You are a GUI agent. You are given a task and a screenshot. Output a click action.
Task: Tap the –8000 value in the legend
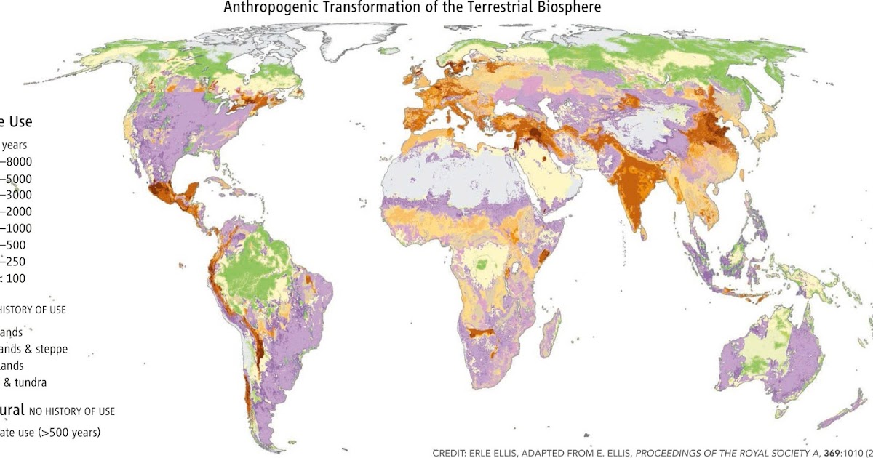[x=15, y=162]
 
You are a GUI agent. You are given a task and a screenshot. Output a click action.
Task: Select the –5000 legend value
[x=15, y=179]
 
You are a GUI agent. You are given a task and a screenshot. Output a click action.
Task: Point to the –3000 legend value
[x=15, y=195]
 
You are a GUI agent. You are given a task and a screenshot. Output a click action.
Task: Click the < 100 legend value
[x=13, y=278]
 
